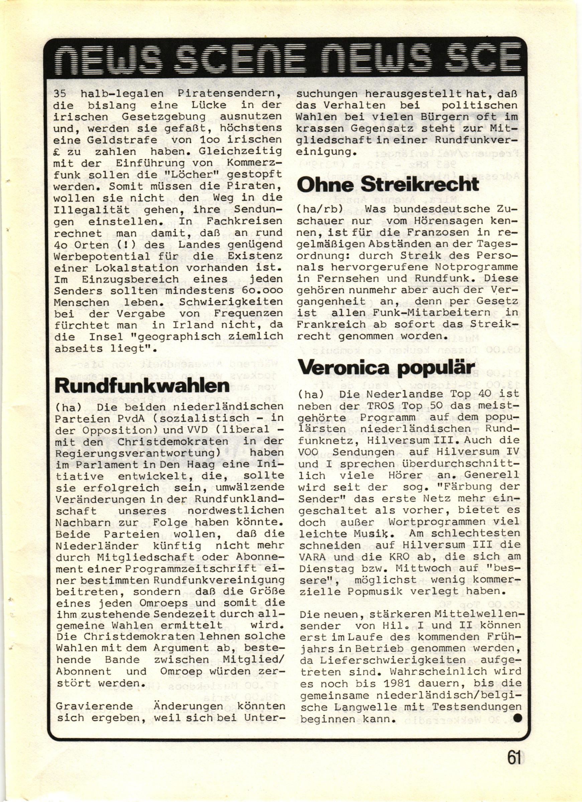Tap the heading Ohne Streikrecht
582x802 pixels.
388,184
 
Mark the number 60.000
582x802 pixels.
258,291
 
